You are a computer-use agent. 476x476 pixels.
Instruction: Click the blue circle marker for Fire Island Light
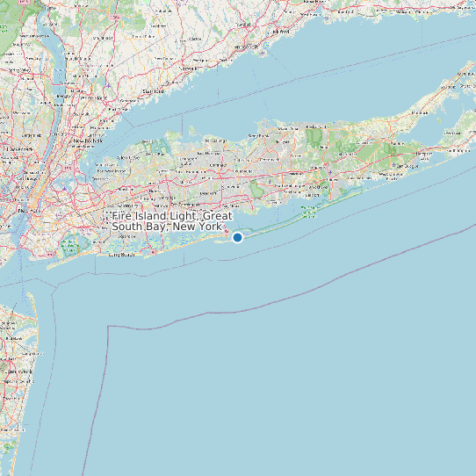coord(237,237)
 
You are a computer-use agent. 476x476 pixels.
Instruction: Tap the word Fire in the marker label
coord(123,216)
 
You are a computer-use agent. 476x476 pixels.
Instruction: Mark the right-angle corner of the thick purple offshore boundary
coord(108,327)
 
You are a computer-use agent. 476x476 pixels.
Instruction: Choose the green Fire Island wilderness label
coord(309,213)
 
